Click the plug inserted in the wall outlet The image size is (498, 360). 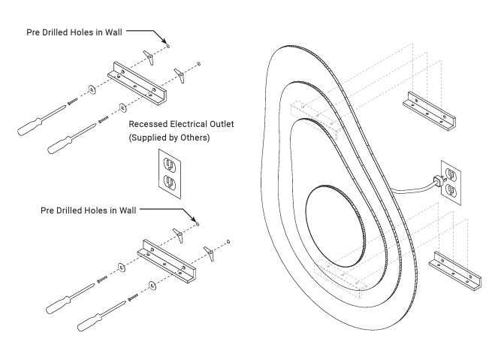click(436, 180)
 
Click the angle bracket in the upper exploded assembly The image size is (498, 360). click(141, 82)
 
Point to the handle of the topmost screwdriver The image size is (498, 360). click(32, 124)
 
